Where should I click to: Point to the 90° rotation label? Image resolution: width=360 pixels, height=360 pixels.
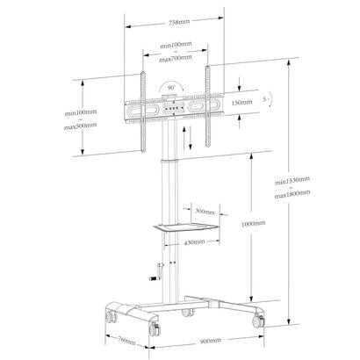tap(168, 87)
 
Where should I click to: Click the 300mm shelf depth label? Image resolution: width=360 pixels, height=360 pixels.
tap(205, 212)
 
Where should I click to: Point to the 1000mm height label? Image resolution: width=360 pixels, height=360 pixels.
tap(254, 224)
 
